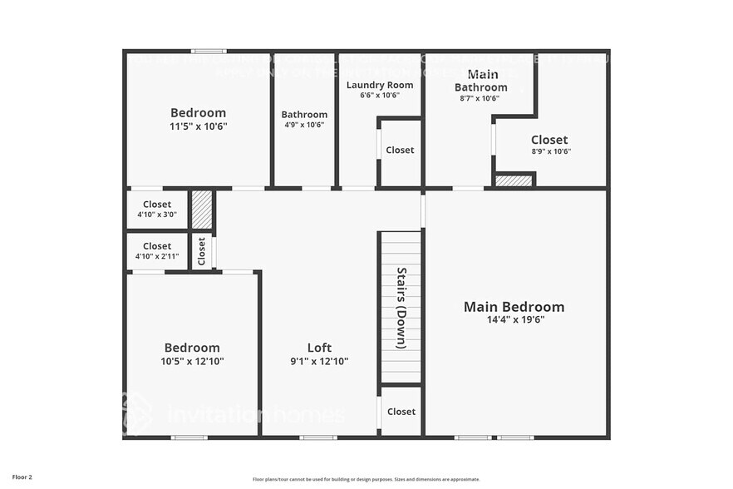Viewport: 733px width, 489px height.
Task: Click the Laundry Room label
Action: [x=379, y=85]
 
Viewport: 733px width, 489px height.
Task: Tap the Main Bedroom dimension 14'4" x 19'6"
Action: [x=514, y=319]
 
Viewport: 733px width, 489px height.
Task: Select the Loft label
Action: [x=319, y=348]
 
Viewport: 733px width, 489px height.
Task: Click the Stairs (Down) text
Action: [x=401, y=308]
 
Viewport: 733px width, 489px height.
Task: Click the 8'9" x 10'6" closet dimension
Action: [x=550, y=151]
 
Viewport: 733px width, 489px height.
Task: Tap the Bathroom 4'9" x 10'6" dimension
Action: [x=304, y=125]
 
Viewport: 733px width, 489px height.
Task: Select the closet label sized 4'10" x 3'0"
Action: [x=157, y=205]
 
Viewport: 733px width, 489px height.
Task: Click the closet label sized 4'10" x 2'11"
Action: [x=157, y=246]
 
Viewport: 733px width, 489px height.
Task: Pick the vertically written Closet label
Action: [x=202, y=251]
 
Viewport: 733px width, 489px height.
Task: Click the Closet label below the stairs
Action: [x=401, y=412]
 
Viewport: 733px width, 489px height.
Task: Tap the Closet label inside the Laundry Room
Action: [x=400, y=151]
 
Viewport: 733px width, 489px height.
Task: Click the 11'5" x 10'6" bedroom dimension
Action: [x=198, y=126]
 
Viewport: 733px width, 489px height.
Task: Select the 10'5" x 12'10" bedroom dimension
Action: [x=192, y=362]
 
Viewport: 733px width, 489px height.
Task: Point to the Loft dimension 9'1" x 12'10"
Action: [x=319, y=362]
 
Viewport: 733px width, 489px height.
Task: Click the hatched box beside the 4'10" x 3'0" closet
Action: [x=202, y=210]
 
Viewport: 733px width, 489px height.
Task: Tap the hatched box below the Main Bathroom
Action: [x=514, y=180]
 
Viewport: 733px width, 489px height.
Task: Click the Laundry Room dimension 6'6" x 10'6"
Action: [x=379, y=96]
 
